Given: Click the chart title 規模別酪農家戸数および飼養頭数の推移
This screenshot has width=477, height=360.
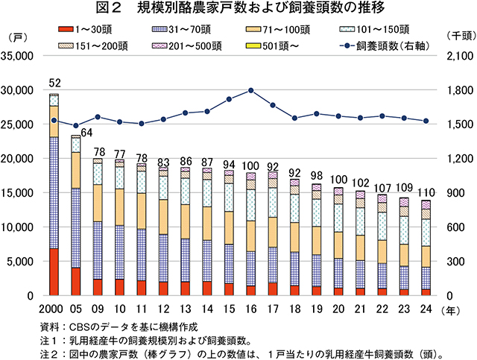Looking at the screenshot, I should tap(238, 9).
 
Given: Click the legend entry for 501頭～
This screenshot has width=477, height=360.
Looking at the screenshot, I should tap(279, 45).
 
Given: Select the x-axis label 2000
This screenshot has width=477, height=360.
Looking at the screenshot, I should tap(54, 308).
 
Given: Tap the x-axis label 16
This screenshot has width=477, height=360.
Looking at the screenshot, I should tap(251, 308).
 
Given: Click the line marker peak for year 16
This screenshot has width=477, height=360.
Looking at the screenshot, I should tap(251, 90).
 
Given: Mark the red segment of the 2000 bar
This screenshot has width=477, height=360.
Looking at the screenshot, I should tap(54, 272).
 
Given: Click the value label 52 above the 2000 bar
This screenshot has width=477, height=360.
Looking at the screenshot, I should tap(54, 83).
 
